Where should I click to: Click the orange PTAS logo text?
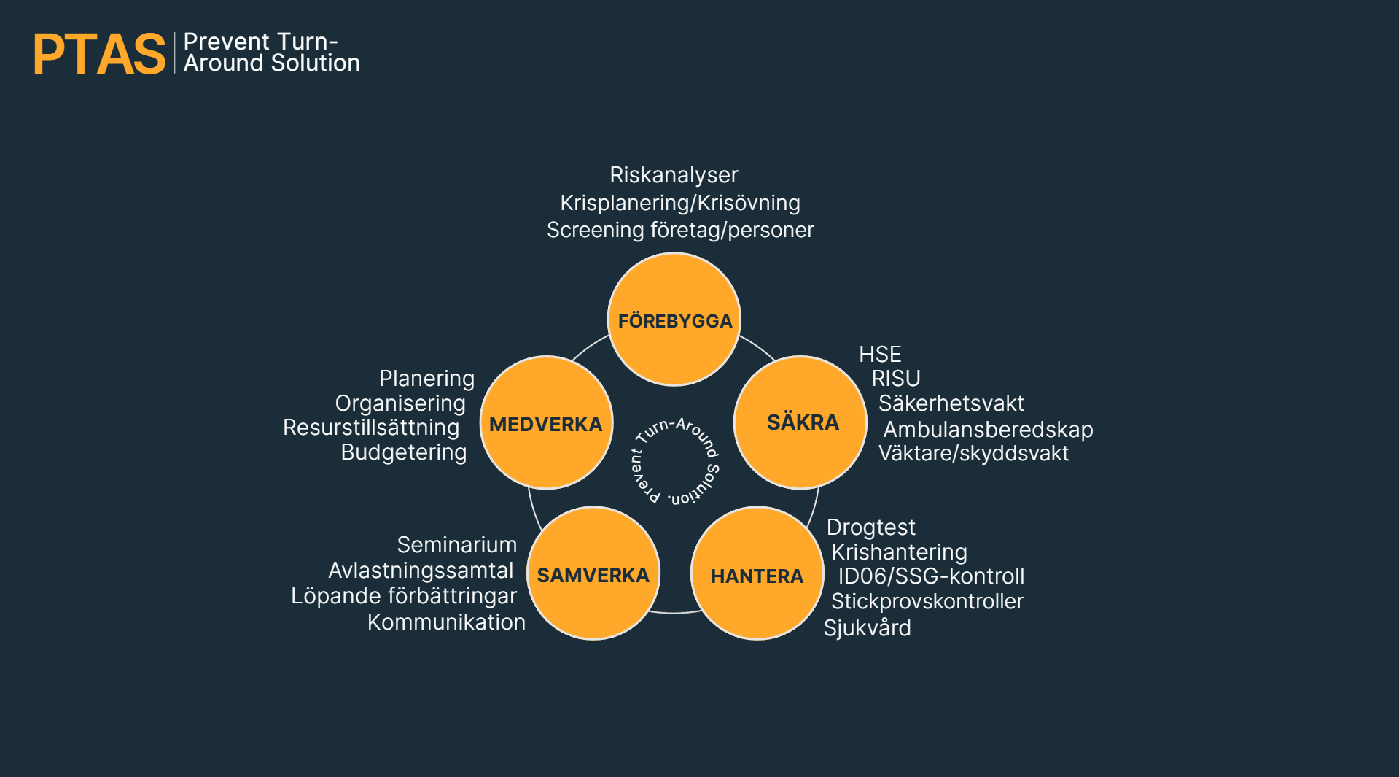click(x=99, y=54)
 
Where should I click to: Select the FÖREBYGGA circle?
click(x=674, y=320)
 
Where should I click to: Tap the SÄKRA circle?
click(x=800, y=422)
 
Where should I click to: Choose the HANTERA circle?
click(x=757, y=574)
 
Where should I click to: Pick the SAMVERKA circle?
click(x=593, y=573)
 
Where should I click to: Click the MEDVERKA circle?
click(x=546, y=423)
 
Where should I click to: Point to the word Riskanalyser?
click(x=674, y=175)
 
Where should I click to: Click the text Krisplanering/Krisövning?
click(x=679, y=203)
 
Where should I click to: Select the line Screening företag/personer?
click(x=679, y=230)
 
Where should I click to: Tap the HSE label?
click(x=880, y=355)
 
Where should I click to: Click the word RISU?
click(x=895, y=379)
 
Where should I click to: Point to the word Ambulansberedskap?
click(x=988, y=430)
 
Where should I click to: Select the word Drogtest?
click(x=870, y=527)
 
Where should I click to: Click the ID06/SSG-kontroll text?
click(x=931, y=576)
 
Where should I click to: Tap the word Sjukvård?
click(x=867, y=628)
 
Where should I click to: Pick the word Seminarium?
click(x=456, y=545)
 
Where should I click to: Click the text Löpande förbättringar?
click(x=404, y=596)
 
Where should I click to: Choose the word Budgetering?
click(x=404, y=452)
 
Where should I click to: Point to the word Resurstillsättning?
click(x=371, y=428)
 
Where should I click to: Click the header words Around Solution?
click(x=271, y=63)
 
